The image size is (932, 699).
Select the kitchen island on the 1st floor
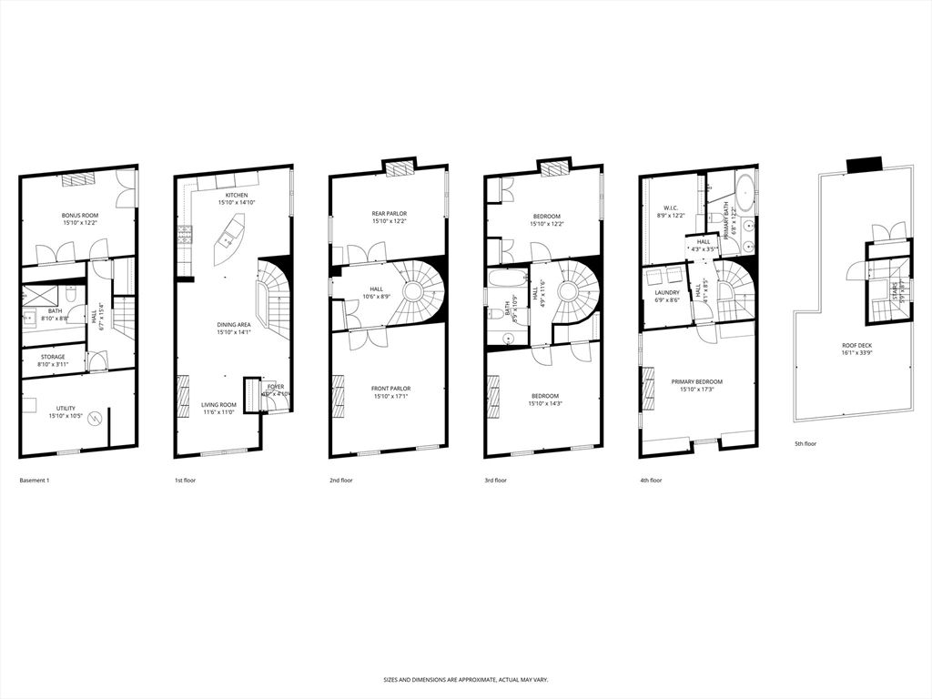click(x=228, y=238)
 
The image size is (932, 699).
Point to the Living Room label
click(x=218, y=404)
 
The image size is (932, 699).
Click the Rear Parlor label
click(x=389, y=214)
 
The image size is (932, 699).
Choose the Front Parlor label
click(x=389, y=389)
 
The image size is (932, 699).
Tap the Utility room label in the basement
click(x=66, y=409)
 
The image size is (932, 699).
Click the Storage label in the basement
click(x=53, y=356)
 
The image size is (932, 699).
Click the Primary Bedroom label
click(x=697, y=381)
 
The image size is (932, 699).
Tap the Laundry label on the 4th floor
click(x=666, y=292)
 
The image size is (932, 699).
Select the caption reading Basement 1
click(x=35, y=480)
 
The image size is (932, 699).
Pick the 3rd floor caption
click(x=498, y=480)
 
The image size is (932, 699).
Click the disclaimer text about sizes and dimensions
click(x=466, y=679)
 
